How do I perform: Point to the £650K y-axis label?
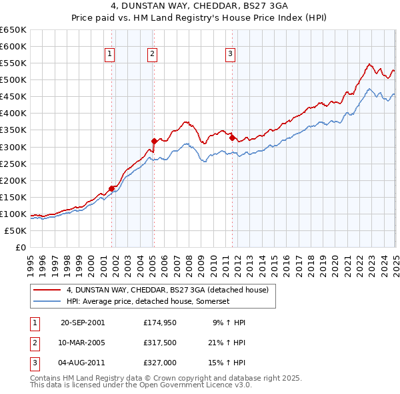(13, 29)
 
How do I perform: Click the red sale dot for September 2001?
(111, 188)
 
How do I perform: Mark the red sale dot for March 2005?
(154, 141)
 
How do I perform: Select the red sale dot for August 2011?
(232, 138)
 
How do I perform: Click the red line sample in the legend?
(47, 290)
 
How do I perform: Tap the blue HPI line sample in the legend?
(47, 301)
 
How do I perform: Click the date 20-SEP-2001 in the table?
(82, 323)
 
